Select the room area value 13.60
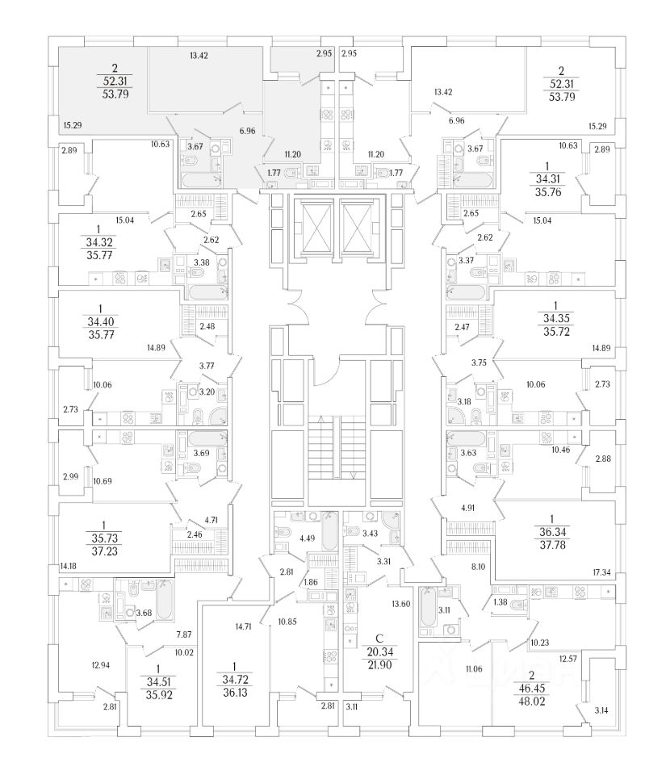click(400, 604)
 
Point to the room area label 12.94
click(99, 665)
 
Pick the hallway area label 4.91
click(471, 508)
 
